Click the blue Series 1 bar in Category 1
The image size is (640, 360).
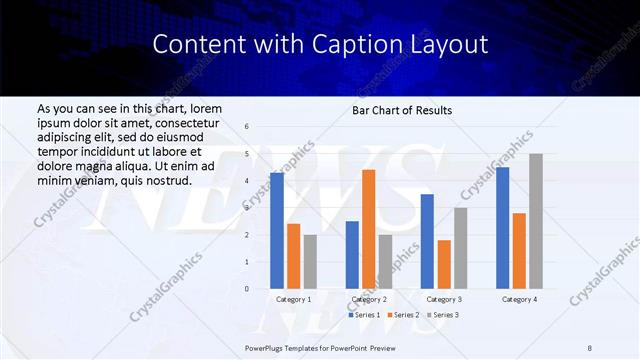(276, 231)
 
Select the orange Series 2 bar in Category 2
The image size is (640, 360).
(369, 229)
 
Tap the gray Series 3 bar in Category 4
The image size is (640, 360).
(535, 221)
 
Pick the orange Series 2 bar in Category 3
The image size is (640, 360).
(444, 264)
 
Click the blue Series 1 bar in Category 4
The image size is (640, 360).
(502, 228)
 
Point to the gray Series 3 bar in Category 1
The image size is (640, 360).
(310, 262)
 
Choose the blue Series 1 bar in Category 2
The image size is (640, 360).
(352, 255)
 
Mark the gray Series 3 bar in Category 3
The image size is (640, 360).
(460, 248)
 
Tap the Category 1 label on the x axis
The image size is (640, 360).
(293, 299)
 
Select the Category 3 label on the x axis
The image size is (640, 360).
(443, 299)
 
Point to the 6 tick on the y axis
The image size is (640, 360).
(247, 127)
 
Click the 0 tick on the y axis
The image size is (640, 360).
(247, 289)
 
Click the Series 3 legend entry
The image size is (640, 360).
(444, 315)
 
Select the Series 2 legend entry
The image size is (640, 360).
(405, 315)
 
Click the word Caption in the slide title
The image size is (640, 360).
(356, 44)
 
